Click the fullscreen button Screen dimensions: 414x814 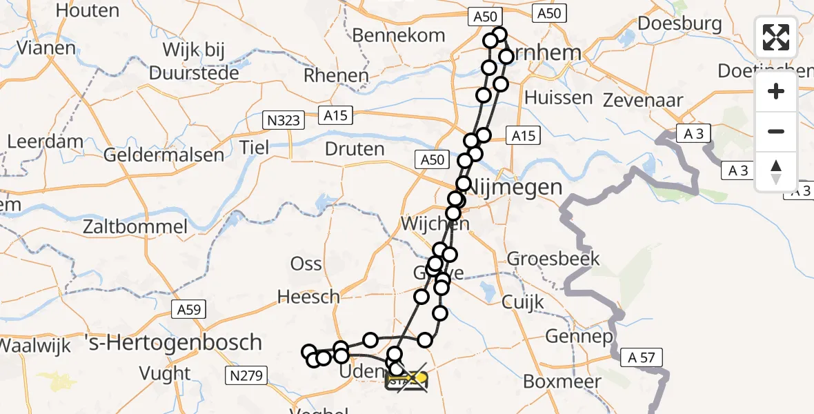coord(776,37)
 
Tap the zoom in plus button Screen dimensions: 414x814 coord(776,91)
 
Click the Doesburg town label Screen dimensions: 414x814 coord(679,23)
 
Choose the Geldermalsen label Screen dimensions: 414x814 coord(163,155)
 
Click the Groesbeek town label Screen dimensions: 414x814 coord(554,259)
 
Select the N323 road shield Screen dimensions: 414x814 coord(285,121)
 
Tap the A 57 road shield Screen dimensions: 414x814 coord(641,357)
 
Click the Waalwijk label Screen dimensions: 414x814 coord(35,345)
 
